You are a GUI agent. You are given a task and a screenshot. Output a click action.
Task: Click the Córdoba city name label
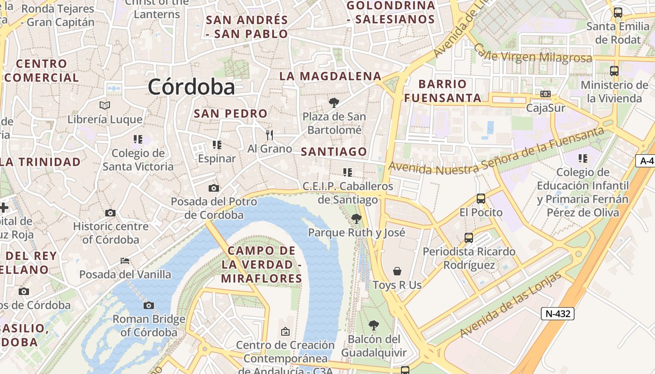[x=191, y=87]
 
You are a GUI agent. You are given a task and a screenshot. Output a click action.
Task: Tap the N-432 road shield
[x=558, y=313]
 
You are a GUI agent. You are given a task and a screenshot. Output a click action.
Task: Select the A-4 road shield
[x=646, y=161]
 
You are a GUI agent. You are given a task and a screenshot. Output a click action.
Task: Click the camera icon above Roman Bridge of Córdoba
[x=149, y=305]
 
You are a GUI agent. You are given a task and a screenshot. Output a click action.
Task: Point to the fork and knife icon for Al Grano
[x=269, y=135]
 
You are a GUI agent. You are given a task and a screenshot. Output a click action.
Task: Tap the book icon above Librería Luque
[x=105, y=106]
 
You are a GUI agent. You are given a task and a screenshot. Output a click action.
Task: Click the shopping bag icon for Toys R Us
[x=397, y=271]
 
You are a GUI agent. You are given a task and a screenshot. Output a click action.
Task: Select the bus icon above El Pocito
[x=480, y=199]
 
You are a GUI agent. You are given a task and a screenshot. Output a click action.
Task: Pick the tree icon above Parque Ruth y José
[x=356, y=218]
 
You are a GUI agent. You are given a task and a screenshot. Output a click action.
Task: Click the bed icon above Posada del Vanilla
[x=124, y=260]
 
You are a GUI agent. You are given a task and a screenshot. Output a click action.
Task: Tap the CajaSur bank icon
[x=545, y=94]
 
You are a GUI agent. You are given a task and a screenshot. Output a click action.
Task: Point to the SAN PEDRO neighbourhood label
[x=231, y=113]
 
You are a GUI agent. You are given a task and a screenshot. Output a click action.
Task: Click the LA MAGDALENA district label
[x=330, y=76]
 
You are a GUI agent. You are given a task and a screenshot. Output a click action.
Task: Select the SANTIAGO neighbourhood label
[x=334, y=151]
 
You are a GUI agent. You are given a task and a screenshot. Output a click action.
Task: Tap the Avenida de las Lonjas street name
[x=510, y=305]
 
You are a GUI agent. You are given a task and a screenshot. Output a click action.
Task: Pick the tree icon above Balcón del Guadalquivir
[x=373, y=325]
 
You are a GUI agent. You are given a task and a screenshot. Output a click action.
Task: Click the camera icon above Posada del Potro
[x=213, y=188]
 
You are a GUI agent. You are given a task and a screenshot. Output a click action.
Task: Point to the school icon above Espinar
[x=217, y=144]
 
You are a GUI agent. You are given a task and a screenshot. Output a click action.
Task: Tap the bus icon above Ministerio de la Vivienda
[x=614, y=71]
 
